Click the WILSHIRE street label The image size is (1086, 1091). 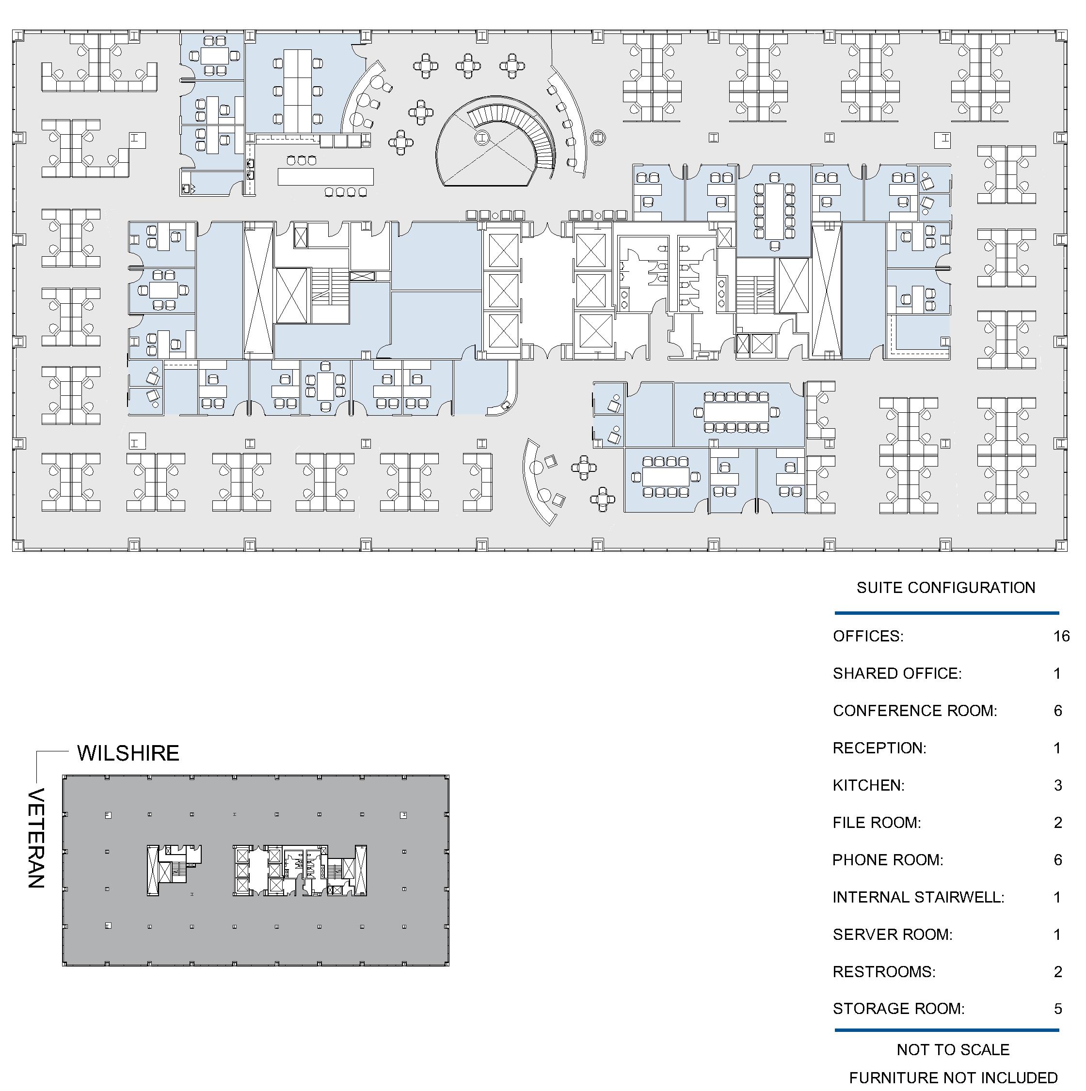coord(128,753)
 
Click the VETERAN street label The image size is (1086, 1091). coord(36,839)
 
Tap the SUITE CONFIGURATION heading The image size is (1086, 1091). coord(946,588)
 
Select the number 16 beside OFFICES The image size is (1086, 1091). coord(1061,637)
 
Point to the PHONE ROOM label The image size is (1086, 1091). coord(888,860)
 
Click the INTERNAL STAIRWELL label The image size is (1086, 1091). coord(918,897)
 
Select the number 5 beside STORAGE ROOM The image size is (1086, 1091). coord(1058,1009)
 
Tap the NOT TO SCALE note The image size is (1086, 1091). coord(953,1050)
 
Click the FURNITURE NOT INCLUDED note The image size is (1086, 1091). coord(953,1078)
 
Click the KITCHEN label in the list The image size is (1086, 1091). coord(868,785)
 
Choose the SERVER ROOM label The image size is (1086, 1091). coord(892,935)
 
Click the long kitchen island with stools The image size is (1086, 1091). coord(325,176)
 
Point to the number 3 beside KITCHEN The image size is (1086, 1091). coord(1058,785)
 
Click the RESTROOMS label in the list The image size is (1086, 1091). coord(884,972)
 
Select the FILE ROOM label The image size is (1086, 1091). coord(877,823)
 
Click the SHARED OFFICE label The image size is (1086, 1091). coord(897,674)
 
